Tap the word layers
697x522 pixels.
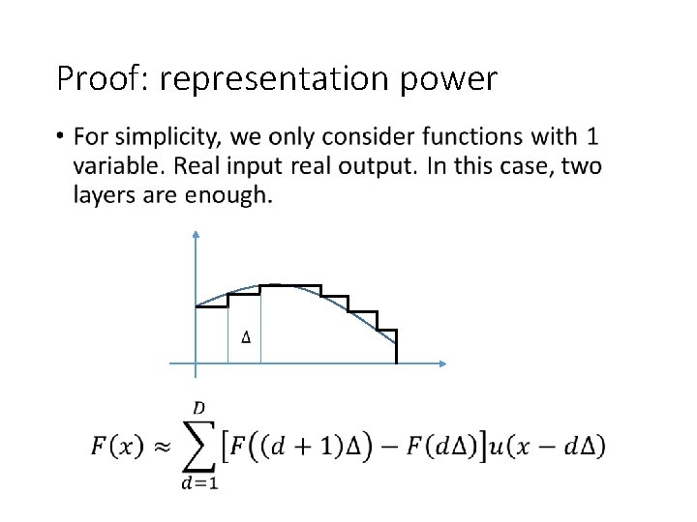tap(102, 196)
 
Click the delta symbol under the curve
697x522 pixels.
tap(246, 336)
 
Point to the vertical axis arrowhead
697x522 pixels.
tap(196, 233)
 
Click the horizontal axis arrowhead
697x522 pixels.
tap(442, 363)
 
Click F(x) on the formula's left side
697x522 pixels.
tap(117, 446)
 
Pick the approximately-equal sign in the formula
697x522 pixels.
tap(160, 446)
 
